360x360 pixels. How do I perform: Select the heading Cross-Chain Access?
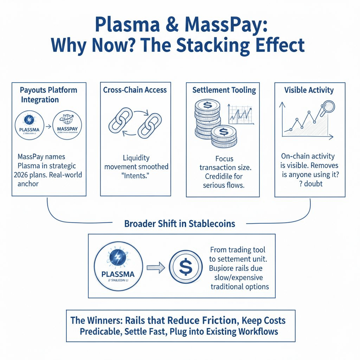(x=135, y=90)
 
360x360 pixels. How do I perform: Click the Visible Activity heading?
(x=309, y=90)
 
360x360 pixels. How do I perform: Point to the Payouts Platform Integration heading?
(x=49, y=95)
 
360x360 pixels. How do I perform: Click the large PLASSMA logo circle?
(x=118, y=268)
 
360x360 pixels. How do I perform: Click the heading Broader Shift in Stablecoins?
(x=180, y=224)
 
